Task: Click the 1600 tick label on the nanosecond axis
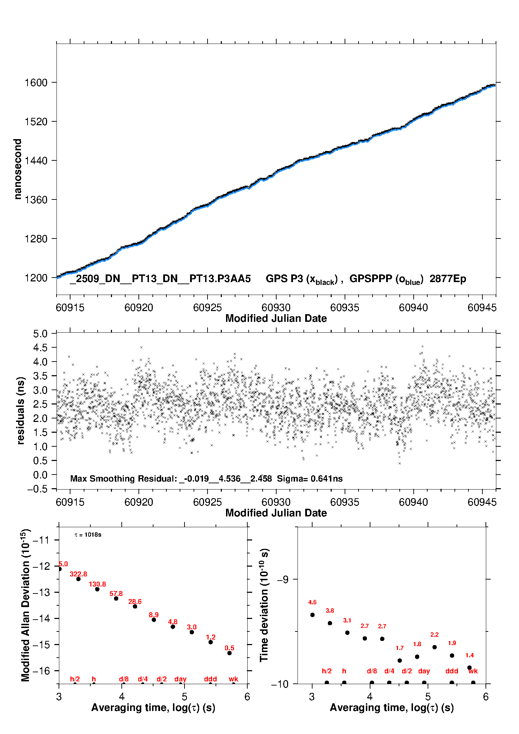coord(36,83)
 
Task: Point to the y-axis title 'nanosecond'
coord(17,169)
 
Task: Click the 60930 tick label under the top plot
coord(276,308)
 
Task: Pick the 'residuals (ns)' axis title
coord(21,410)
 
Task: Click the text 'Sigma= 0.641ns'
coord(310,479)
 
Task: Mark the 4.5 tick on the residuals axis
coord(40,348)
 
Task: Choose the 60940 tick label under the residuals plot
coord(413,502)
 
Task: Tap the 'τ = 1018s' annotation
coord(88,535)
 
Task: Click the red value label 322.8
coord(78,574)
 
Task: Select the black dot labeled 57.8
coord(116,598)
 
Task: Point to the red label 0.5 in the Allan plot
coord(230,648)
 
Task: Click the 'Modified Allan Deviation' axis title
coord(25,605)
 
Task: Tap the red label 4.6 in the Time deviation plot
coord(313,602)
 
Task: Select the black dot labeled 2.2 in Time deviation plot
coord(435,647)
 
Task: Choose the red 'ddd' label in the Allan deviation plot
coord(210,679)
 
